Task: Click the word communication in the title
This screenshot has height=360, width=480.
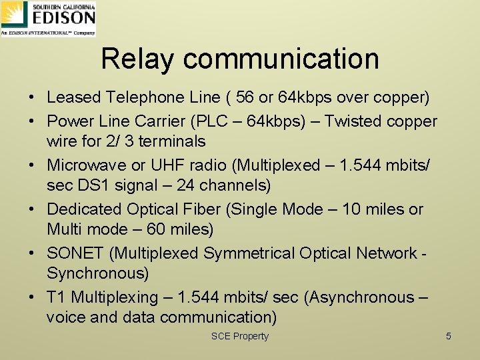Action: (281, 59)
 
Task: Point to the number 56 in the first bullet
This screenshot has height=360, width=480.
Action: (245, 97)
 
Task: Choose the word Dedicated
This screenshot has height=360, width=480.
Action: (86, 209)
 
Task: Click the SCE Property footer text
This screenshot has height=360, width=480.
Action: (239, 336)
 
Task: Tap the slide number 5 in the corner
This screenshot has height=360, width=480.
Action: (448, 336)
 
